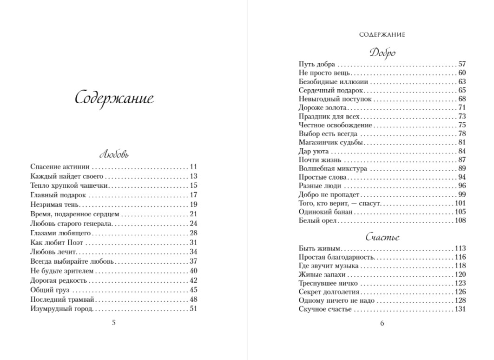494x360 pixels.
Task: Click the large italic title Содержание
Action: [x=114, y=99]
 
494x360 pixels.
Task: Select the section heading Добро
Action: [x=382, y=52]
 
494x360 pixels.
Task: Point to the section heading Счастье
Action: [x=382, y=237]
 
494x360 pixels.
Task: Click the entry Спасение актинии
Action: [x=60, y=167]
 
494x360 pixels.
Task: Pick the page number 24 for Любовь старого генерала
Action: [x=194, y=223]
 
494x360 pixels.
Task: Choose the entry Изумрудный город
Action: [x=62, y=309]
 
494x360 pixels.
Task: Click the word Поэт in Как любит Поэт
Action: [x=76, y=242]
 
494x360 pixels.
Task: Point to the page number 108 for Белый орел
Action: [x=460, y=220]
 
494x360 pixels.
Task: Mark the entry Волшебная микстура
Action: [x=333, y=168]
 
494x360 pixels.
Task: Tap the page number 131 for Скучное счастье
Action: [x=460, y=309]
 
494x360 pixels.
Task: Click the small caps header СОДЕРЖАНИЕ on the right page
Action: [x=382, y=34]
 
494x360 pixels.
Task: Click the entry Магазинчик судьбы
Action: [x=330, y=142]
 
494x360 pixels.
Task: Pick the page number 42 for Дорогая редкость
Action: [x=194, y=280]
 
